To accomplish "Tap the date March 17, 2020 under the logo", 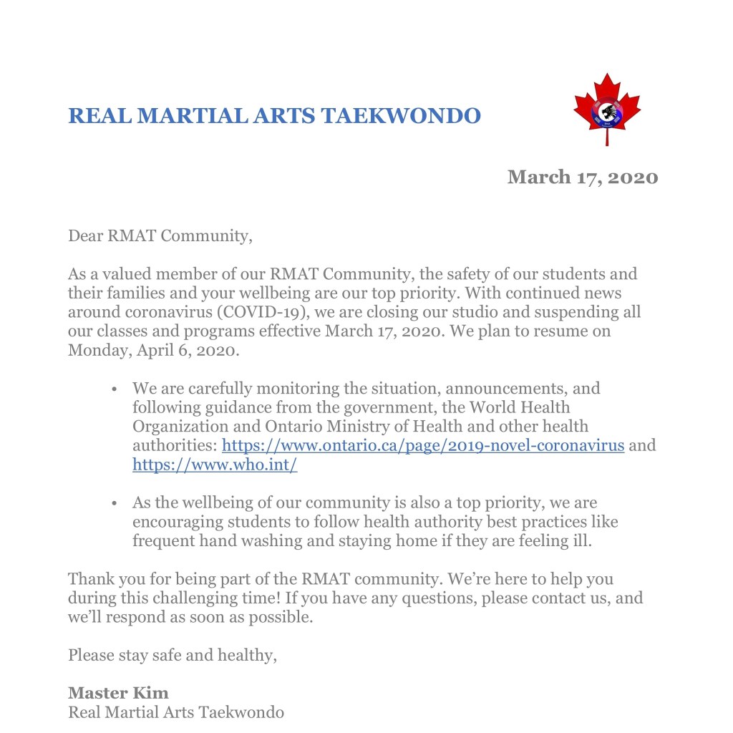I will click(x=582, y=177).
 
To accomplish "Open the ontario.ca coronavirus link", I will click(x=423, y=445).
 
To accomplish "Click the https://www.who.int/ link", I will click(x=215, y=464).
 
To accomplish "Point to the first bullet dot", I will click(x=115, y=389).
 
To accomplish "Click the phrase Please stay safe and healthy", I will click(x=172, y=654).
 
